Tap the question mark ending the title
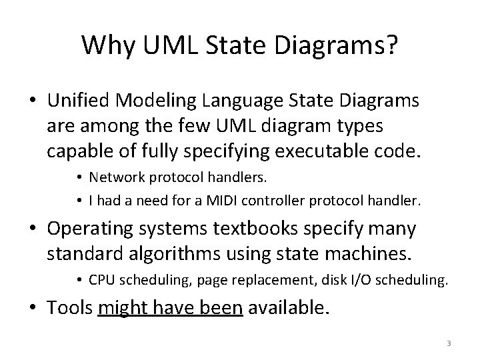[392, 45]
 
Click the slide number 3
[449, 343]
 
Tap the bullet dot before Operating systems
[32, 229]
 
